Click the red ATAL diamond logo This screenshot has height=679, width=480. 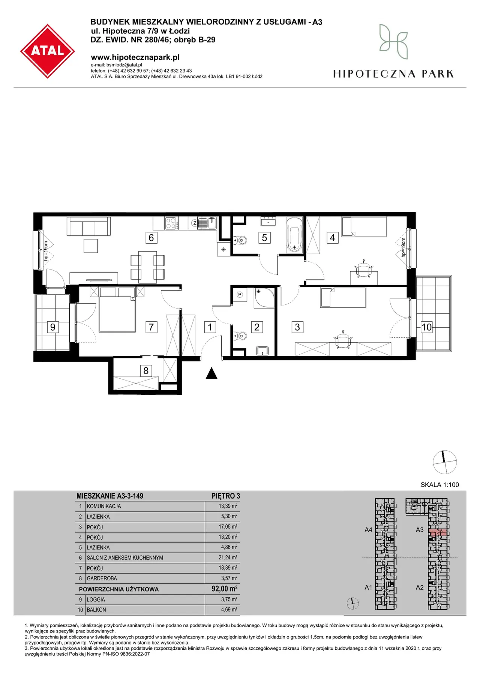[x=48, y=51]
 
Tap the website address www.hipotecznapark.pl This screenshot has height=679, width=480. [x=135, y=57]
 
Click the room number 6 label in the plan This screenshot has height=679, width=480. [x=151, y=238]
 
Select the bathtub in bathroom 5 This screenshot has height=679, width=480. [x=295, y=234]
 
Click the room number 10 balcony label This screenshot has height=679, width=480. [x=426, y=327]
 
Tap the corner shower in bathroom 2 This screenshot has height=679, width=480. [x=264, y=298]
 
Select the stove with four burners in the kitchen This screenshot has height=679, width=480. [x=171, y=223]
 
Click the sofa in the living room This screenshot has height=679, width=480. [x=89, y=226]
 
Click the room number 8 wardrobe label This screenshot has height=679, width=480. [x=146, y=371]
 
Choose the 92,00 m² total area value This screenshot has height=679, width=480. [x=224, y=589]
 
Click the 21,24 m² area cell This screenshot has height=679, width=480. [x=228, y=558]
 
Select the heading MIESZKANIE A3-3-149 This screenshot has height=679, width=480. [x=110, y=496]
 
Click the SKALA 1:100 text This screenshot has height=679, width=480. [x=439, y=485]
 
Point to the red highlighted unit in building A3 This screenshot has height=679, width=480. [x=438, y=532]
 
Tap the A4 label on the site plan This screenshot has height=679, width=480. [x=368, y=530]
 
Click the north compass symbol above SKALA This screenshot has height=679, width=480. [x=445, y=462]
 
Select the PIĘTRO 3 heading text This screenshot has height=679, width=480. [x=226, y=496]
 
